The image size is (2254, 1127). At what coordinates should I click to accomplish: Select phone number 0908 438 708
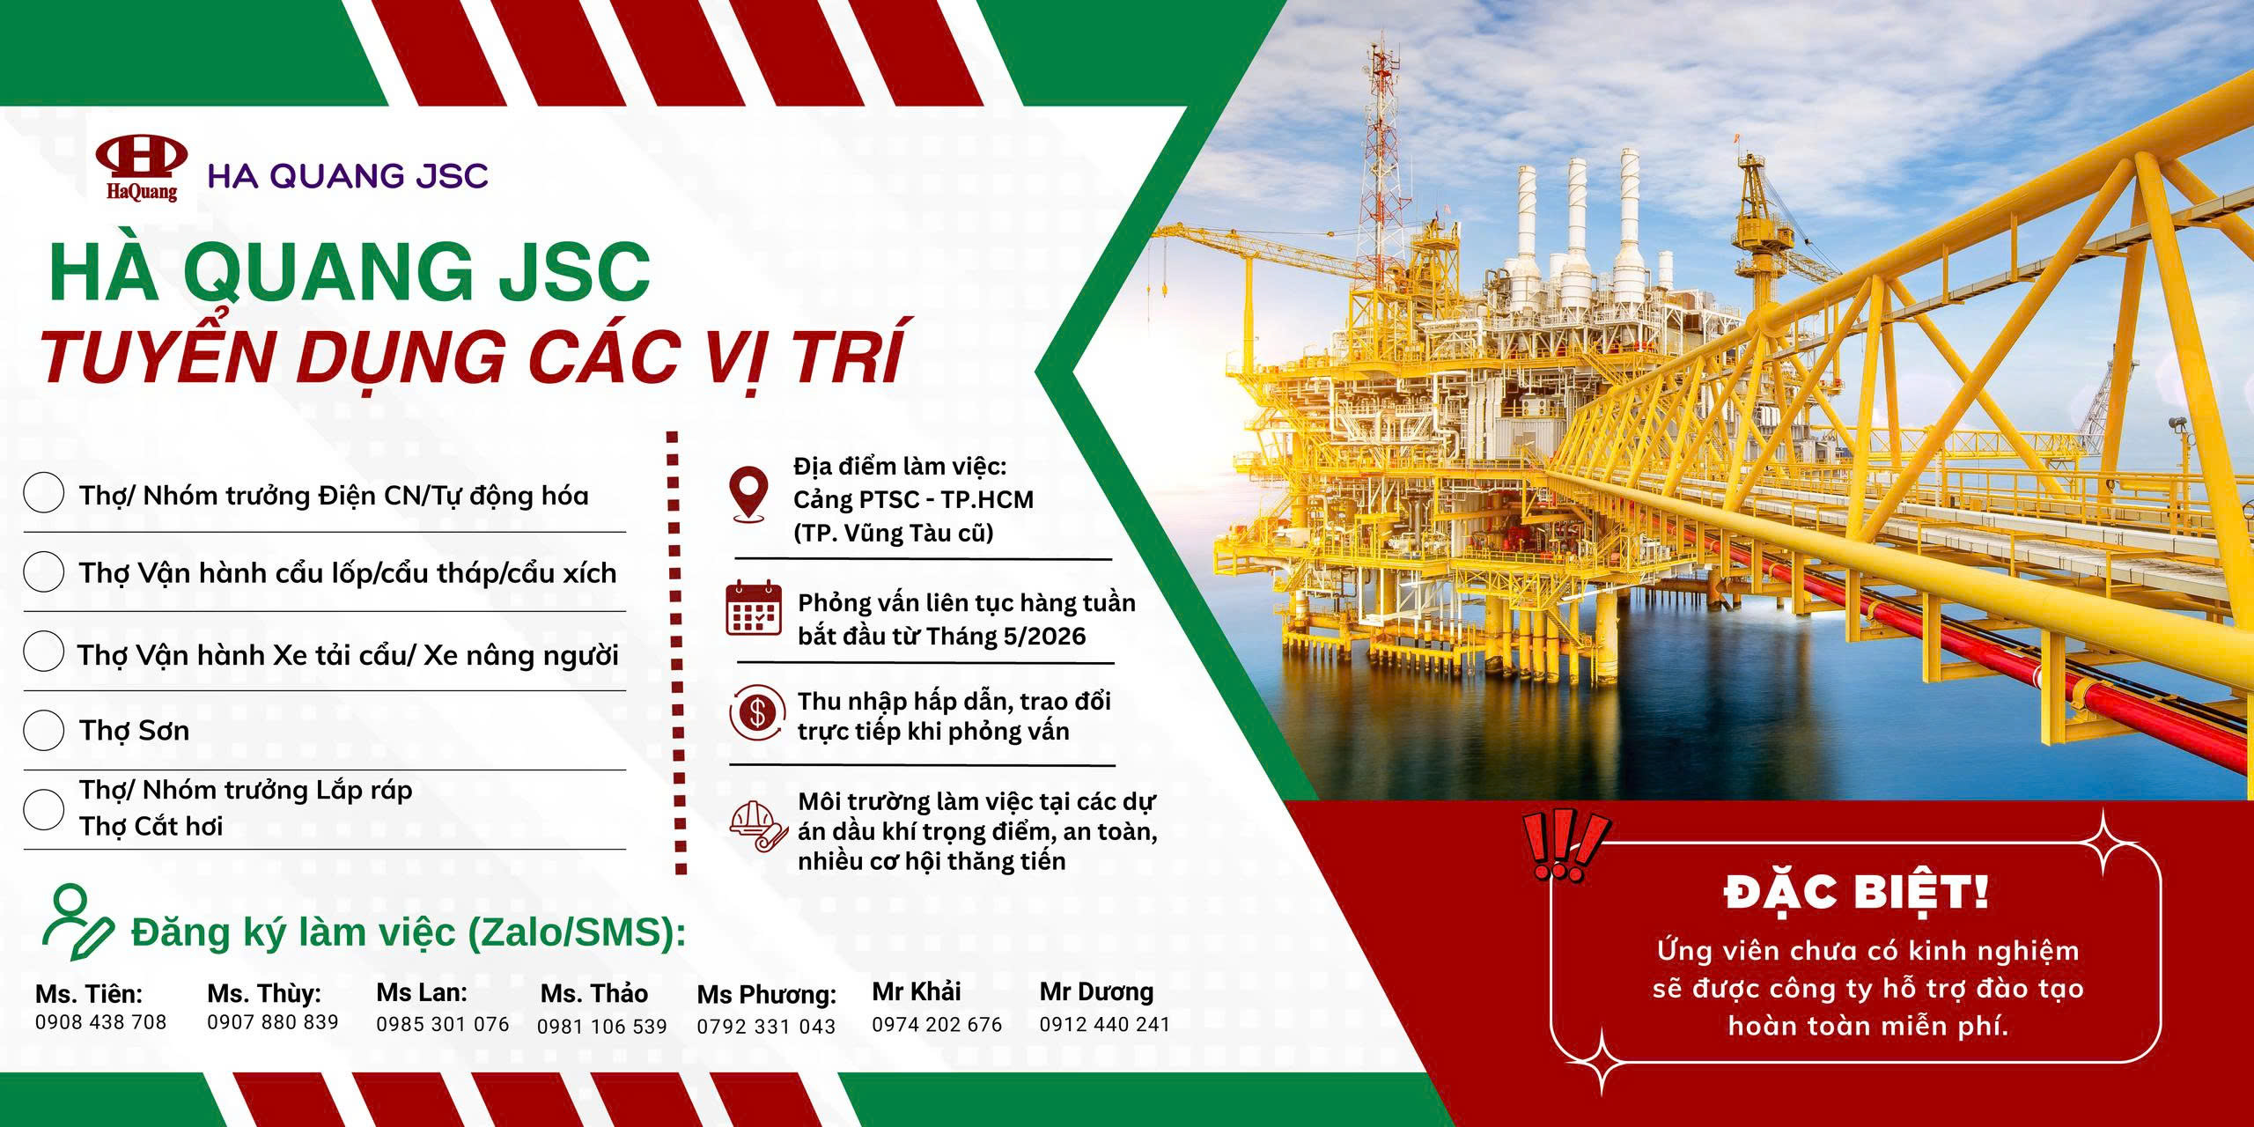click(100, 1021)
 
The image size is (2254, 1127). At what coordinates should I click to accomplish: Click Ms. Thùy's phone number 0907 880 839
click(273, 1021)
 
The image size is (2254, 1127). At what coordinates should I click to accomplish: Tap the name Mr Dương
click(1096, 991)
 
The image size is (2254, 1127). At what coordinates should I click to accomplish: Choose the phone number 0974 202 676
click(937, 1025)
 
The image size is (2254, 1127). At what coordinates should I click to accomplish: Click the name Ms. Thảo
click(594, 993)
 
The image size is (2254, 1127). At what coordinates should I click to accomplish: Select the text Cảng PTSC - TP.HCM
click(913, 499)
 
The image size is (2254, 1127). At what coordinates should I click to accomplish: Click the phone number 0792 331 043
click(766, 1027)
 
